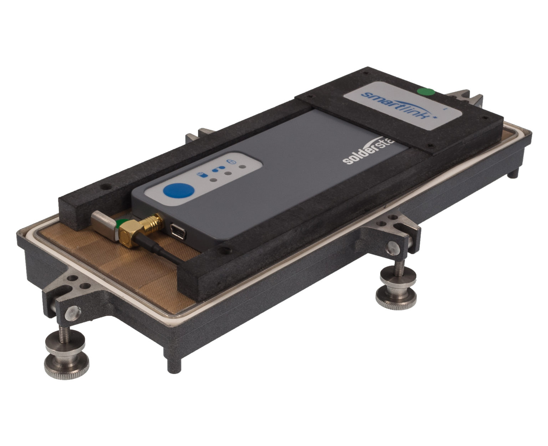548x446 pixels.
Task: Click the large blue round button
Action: click(x=179, y=191)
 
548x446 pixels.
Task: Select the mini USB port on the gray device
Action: click(x=177, y=232)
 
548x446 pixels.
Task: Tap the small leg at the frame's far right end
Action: click(x=513, y=173)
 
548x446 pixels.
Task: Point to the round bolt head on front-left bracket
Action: click(x=73, y=313)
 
